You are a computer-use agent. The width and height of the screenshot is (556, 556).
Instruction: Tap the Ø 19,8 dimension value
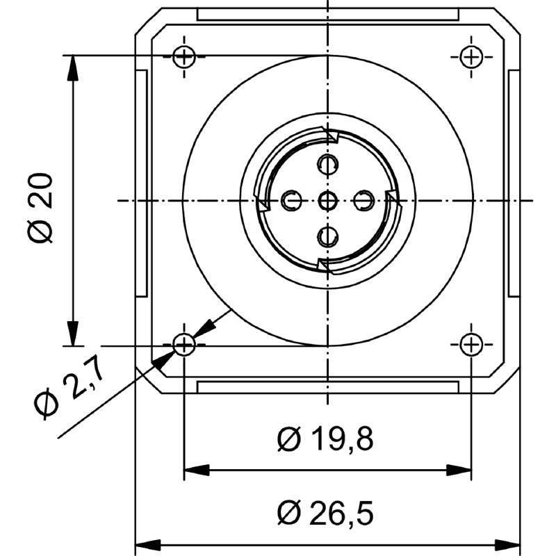(x=325, y=440)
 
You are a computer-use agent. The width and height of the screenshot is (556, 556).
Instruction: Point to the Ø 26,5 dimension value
(x=325, y=514)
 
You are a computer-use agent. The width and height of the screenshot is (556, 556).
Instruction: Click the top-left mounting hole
(x=184, y=56)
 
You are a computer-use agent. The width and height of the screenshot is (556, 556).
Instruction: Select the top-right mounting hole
(x=471, y=56)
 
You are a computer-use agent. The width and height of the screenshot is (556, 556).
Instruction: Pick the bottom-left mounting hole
(x=184, y=343)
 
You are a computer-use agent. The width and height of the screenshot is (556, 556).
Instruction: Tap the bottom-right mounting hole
(x=471, y=343)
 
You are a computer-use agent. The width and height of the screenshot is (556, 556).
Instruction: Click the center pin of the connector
(x=327, y=202)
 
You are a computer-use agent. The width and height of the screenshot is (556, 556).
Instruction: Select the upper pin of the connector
(x=327, y=165)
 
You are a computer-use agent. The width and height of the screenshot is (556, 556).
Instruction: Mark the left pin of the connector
(x=291, y=202)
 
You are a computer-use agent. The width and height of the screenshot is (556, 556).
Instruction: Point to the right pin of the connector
(x=363, y=202)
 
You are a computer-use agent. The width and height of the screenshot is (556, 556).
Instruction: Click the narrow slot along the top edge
(x=327, y=14)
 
